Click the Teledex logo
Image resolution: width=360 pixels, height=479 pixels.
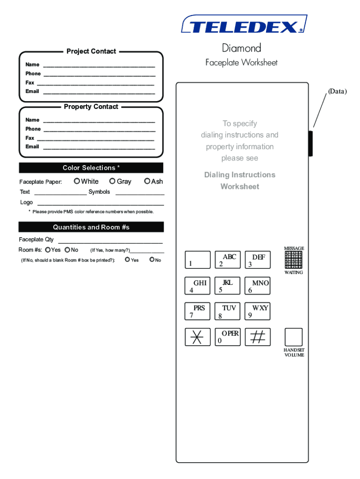coord(244,24)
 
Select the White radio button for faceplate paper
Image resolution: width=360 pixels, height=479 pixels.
coord(77,181)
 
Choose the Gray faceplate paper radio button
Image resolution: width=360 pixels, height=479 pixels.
coord(112,181)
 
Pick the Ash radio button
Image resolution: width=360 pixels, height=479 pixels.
coord(147,181)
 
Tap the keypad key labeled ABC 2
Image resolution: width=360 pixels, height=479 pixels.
coord(228,260)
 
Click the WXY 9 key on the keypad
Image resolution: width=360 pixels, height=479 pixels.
coord(258,311)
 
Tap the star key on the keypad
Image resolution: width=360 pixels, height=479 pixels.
coord(197,337)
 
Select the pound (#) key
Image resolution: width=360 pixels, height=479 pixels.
coord(258,337)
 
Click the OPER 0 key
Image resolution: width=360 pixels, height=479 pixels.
coord(228,337)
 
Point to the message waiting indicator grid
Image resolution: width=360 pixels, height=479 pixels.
coord(294,260)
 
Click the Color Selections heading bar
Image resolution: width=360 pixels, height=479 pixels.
coord(91,168)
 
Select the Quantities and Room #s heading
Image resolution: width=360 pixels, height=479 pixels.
coord(91,227)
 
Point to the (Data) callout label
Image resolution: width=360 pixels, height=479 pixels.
coord(337,91)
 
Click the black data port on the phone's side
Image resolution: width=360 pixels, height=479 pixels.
coord(310,144)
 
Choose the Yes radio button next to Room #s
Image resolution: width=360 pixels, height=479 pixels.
coord(48,250)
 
